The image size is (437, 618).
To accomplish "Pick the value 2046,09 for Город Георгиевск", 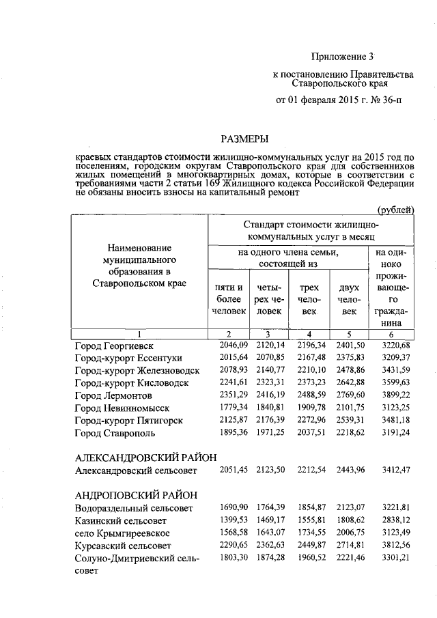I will [226, 346].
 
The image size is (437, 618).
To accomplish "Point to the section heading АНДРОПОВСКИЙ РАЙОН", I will [137, 495].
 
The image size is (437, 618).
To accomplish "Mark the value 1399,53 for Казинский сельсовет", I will [226, 520].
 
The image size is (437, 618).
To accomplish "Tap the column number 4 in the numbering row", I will [309, 333].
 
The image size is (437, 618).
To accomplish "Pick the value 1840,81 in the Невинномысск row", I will [267, 408].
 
